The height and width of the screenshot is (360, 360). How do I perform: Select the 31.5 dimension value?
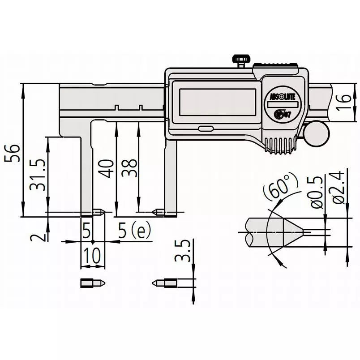pyautogui.click(x=39, y=176)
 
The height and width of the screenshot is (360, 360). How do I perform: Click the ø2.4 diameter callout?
pyautogui.click(x=339, y=188)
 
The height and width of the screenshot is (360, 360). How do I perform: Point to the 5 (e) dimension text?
pyautogui.click(x=134, y=231)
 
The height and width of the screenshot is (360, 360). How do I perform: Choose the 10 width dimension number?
pyautogui.click(x=92, y=256)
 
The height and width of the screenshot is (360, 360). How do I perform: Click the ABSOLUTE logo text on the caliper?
pyautogui.click(x=280, y=97)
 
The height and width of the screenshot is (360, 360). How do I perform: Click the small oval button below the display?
pyautogui.click(x=206, y=129)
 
